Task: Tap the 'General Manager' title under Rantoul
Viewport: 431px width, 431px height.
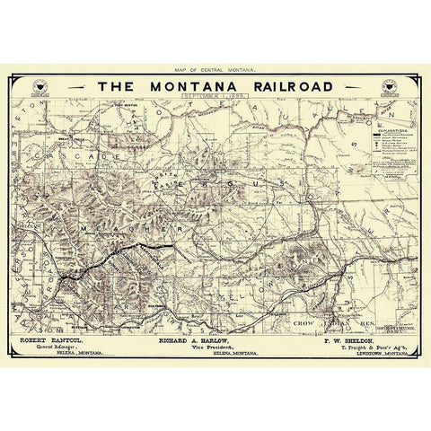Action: pyautogui.click(x=56, y=350)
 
